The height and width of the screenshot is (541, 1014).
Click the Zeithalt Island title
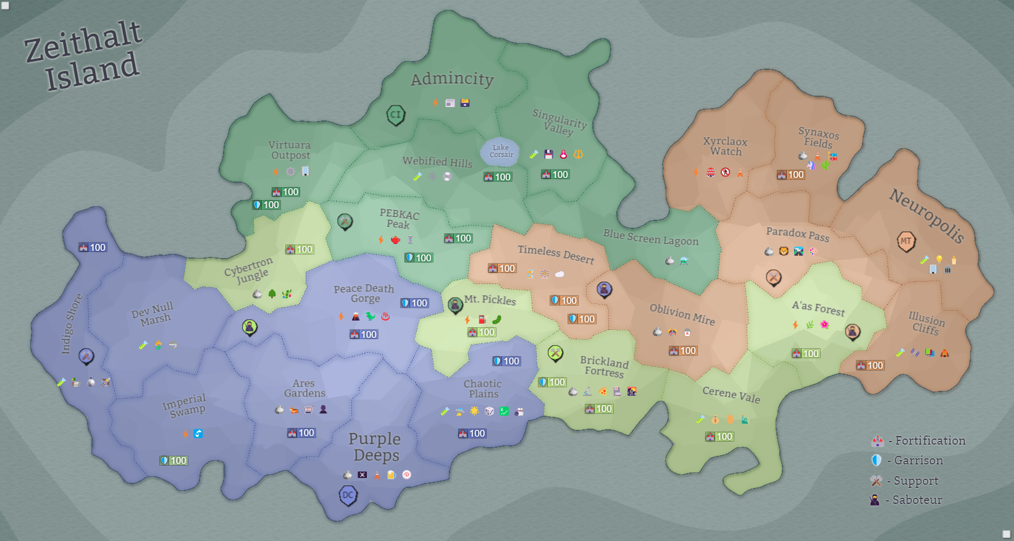[83, 56]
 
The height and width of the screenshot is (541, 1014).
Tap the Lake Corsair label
[501, 151]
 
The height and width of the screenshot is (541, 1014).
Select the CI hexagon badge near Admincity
[396, 114]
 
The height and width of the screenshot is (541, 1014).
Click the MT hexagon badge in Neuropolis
[906, 241]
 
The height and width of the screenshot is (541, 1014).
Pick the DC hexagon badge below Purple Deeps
[348, 495]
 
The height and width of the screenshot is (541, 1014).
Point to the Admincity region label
[452, 78]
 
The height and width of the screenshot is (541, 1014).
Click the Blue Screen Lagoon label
[651, 237]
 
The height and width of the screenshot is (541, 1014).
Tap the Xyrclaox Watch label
[725, 146]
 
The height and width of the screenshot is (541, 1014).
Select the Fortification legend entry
[918, 441]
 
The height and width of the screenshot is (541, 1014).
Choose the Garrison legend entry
[907, 461]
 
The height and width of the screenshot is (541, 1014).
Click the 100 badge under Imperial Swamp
[174, 461]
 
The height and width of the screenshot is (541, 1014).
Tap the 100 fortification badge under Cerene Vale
[719, 437]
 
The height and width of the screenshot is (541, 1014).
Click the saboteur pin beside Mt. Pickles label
[455, 304]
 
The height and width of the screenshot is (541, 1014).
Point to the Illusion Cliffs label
[926, 323]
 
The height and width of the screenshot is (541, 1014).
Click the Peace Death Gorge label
[364, 293]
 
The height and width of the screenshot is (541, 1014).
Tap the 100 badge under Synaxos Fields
[791, 175]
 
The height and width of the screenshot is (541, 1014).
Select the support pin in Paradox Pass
[774, 277]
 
